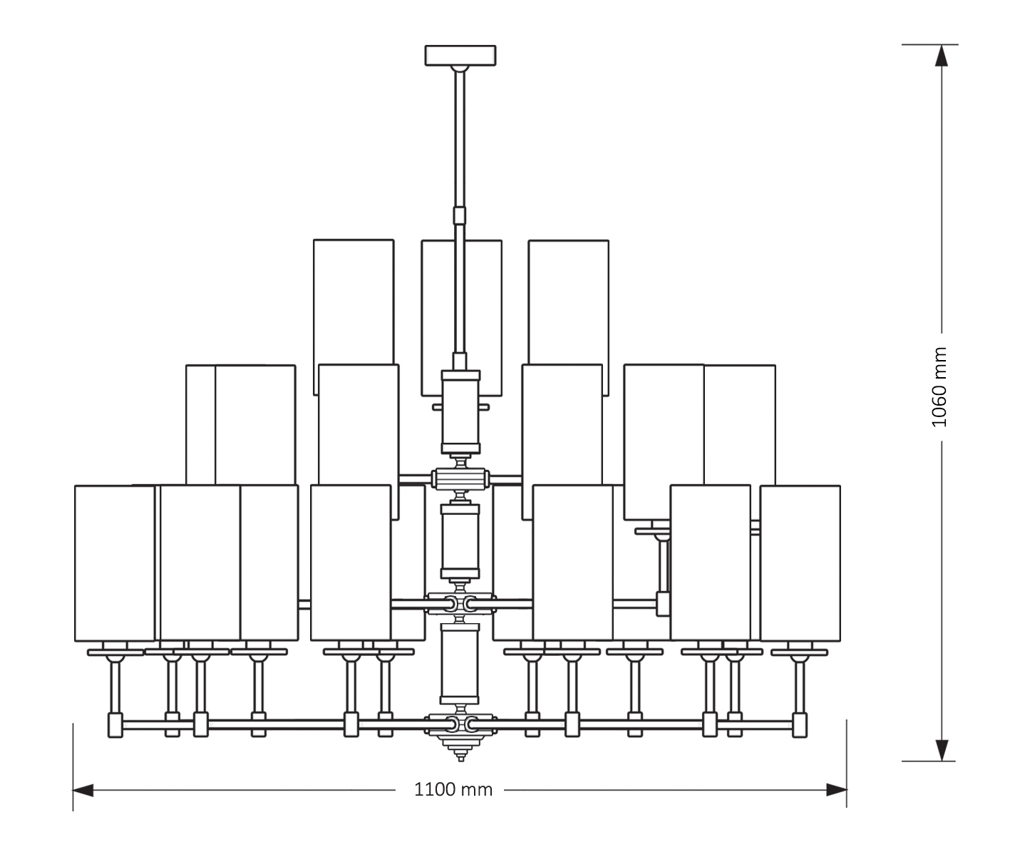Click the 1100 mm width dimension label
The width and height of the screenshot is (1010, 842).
pyautogui.click(x=453, y=790)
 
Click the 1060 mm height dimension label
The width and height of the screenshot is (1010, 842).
pyautogui.click(x=940, y=387)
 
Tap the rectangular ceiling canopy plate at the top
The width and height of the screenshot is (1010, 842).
pyautogui.click(x=460, y=56)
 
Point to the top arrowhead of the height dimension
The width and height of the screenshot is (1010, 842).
pyautogui.click(x=942, y=55)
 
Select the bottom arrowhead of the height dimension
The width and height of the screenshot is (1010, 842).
pyautogui.click(x=942, y=751)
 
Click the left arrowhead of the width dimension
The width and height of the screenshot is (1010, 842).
pyautogui.click(x=83, y=790)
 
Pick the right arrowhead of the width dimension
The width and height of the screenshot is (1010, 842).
pyautogui.click(x=837, y=790)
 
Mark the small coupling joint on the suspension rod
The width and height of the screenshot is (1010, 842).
pyautogui.click(x=460, y=215)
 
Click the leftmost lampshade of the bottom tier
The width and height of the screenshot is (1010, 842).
pyautogui.click(x=114, y=563)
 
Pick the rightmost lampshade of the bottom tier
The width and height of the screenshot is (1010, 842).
pyautogui.click(x=800, y=563)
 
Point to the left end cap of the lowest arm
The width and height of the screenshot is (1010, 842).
pyautogui.click(x=115, y=725)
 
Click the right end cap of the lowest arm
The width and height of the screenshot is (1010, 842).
pyautogui.click(x=800, y=725)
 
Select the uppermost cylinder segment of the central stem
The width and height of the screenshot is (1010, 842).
pyautogui.click(x=461, y=412)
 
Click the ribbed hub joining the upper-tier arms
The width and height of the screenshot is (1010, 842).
pyautogui.click(x=460, y=478)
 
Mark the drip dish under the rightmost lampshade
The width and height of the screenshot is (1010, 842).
pyautogui.click(x=799, y=652)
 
